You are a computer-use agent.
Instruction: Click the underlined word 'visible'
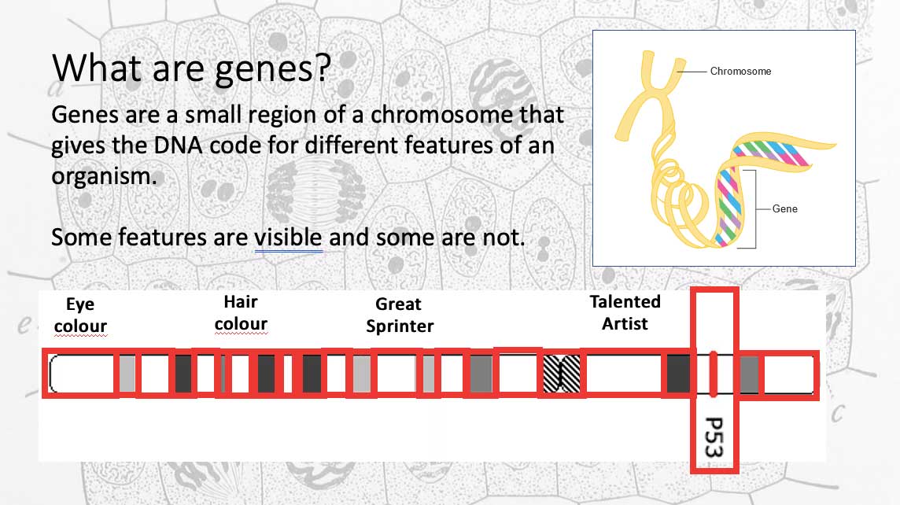click(288, 237)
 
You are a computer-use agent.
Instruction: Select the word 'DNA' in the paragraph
click(178, 146)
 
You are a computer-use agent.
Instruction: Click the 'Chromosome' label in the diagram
click(740, 71)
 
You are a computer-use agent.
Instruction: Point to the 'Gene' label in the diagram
click(784, 209)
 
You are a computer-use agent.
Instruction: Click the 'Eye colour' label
click(80, 315)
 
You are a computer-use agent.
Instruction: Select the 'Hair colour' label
click(241, 313)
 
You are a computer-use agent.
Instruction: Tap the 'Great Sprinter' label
click(400, 315)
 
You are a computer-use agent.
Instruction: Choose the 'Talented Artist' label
click(625, 313)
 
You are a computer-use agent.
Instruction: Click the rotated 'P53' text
click(714, 437)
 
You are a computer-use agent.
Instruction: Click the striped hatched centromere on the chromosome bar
click(562, 374)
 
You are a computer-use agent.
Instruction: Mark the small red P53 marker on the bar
click(714, 374)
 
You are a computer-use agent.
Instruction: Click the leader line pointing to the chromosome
click(692, 72)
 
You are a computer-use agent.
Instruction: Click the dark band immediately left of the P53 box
click(678, 374)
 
